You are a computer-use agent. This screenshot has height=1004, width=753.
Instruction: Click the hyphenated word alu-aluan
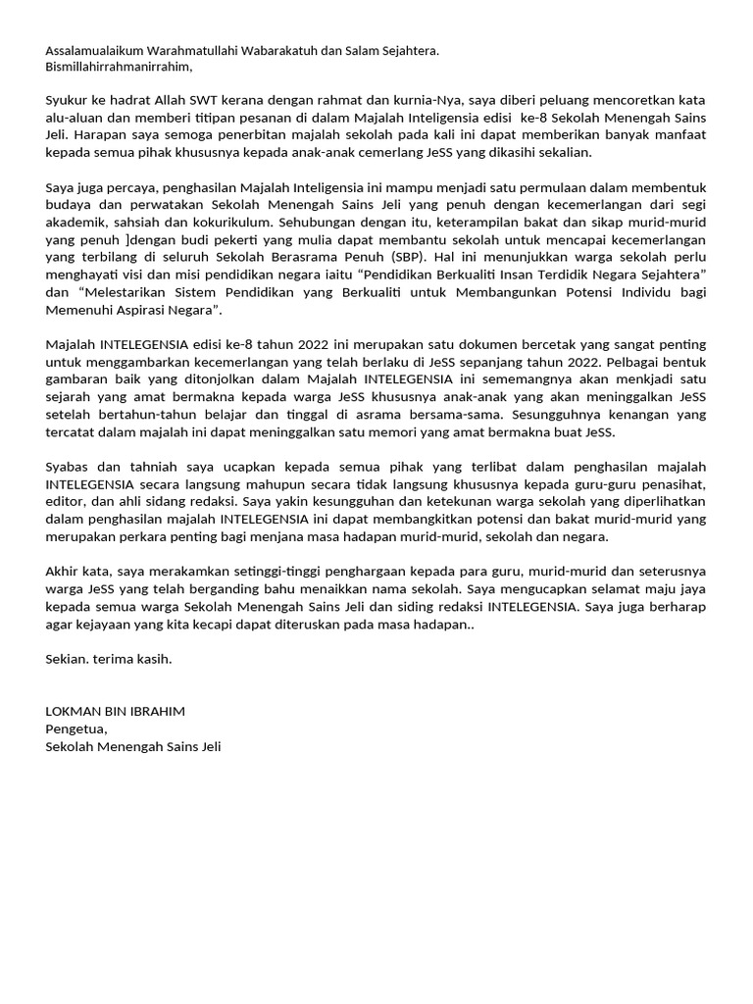click(75, 118)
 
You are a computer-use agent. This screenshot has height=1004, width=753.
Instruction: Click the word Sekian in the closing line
click(67, 659)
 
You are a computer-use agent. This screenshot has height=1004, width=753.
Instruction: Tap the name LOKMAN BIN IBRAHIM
click(115, 711)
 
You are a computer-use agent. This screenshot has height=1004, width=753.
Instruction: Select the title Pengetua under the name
click(75, 728)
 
